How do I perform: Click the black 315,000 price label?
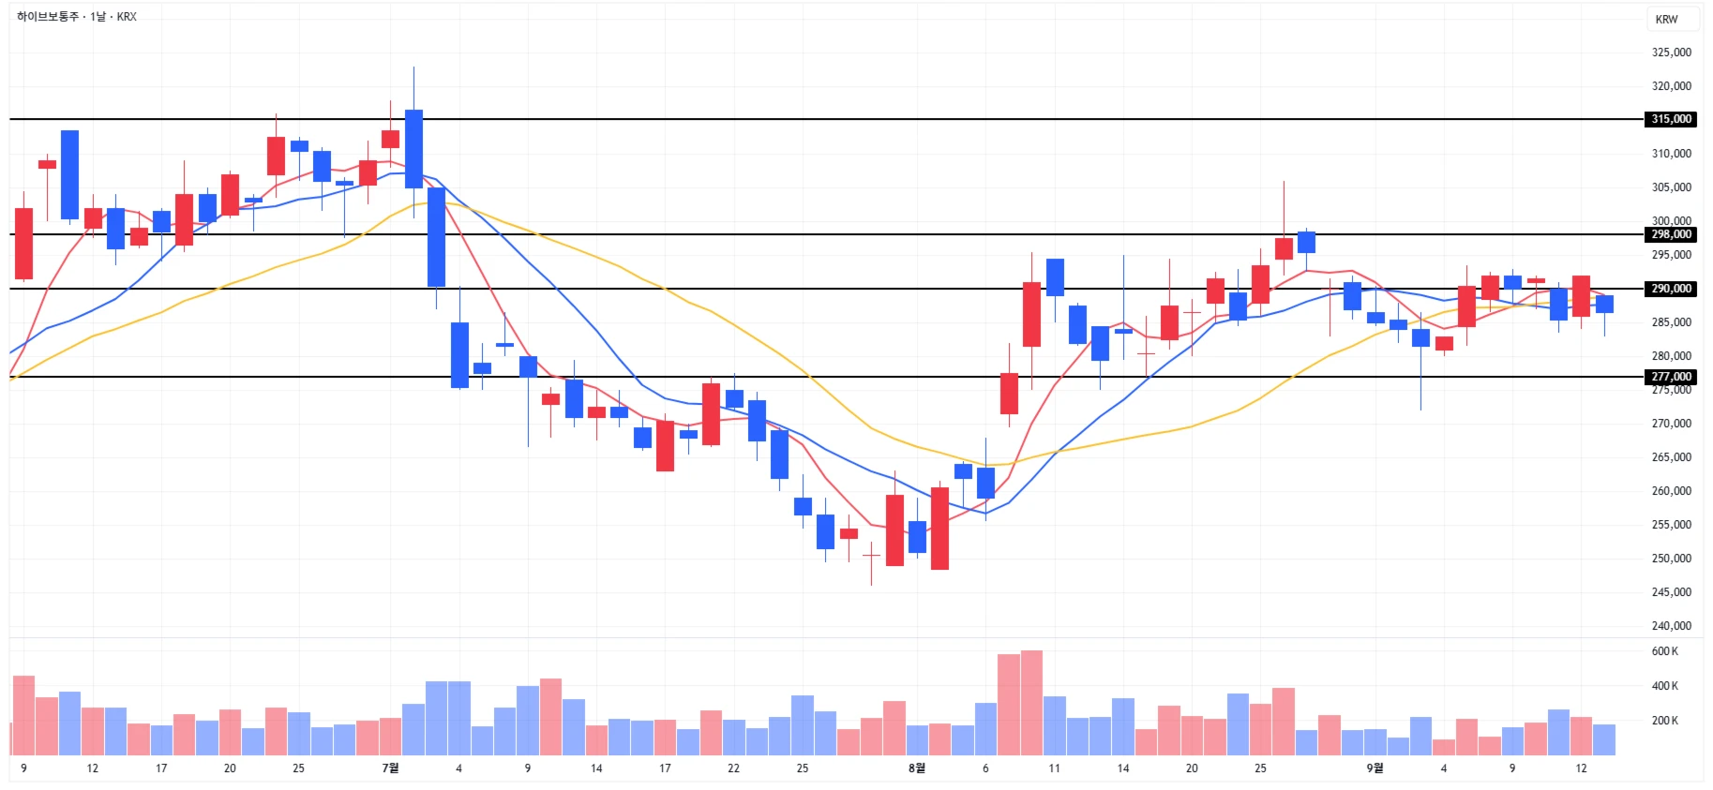[1671, 119]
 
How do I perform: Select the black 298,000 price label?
[1671, 234]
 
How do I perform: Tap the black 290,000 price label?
[1671, 289]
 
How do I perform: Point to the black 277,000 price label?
[1671, 377]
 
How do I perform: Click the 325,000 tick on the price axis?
[1671, 52]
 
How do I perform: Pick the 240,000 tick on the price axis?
[1671, 626]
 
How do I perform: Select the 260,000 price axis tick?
[1671, 491]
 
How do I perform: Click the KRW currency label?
[1666, 20]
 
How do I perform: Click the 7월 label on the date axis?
[390, 768]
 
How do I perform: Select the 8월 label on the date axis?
[916, 768]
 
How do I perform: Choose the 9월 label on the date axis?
[1374, 768]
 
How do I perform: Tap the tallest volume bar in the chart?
[1031, 703]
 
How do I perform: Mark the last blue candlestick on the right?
[1604, 304]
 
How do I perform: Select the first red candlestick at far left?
[23, 244]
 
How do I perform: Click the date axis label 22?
[733, 768]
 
